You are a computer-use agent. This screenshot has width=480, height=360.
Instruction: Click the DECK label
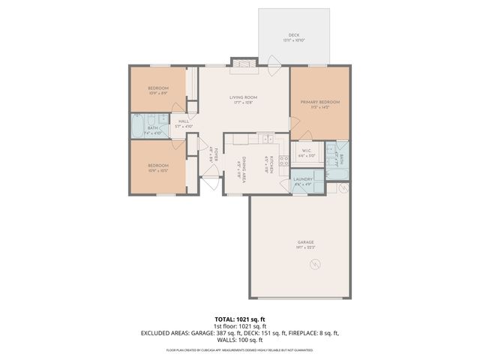tap(294, 35)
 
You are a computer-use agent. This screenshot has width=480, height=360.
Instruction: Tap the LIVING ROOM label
tap(243, 97)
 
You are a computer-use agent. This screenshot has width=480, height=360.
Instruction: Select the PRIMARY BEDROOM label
tap(320, 102)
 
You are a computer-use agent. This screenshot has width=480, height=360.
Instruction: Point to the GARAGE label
tap(304, 242)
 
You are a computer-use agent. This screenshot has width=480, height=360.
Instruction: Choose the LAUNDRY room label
tap(302, 179)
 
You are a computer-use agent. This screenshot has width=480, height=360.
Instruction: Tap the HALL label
tap(184, 121)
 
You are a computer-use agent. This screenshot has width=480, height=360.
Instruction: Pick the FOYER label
tap(215, 155)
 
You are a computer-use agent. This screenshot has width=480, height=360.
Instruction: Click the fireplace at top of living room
tap(243, 65)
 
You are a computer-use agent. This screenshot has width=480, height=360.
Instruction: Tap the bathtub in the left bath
tap(139, 127)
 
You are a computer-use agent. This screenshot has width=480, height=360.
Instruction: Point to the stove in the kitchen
tap(283, 160)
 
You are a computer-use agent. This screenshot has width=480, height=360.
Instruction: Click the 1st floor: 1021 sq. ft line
tap(239, 326)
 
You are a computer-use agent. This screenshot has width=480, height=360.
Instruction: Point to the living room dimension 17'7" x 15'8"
tap(243, 102)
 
